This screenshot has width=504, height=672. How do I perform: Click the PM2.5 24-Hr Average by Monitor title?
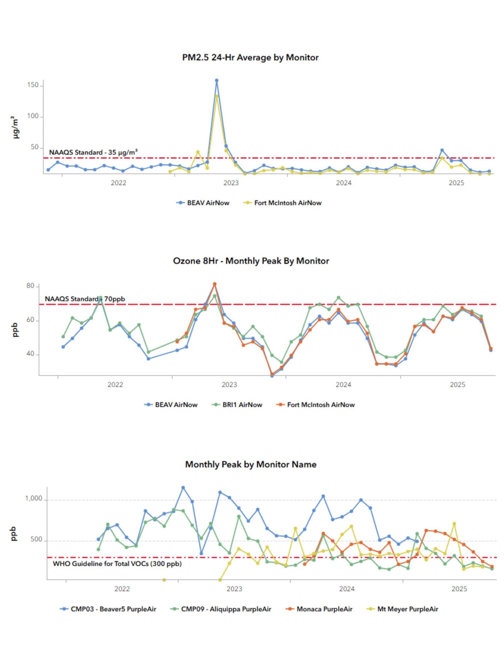250,57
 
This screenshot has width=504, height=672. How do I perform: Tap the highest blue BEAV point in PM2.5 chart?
216,81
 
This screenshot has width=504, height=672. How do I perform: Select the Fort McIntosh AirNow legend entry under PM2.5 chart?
287,203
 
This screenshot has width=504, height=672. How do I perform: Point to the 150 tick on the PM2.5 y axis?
33,85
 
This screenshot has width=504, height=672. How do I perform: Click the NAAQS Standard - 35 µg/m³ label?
93,153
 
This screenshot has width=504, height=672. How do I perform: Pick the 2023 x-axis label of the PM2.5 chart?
231,183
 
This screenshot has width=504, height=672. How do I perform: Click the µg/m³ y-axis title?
15,127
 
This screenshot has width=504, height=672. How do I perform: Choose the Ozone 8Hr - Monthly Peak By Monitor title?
251,261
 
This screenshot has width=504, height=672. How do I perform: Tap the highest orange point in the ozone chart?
215,284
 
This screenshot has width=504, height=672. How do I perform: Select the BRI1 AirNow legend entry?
242,405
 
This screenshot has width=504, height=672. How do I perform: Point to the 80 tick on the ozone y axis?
30,286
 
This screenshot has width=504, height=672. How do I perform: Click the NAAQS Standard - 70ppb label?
85,299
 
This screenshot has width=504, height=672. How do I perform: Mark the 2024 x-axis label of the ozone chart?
343,385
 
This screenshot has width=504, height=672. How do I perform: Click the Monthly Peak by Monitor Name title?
251,465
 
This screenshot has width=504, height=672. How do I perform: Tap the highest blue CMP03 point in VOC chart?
183,488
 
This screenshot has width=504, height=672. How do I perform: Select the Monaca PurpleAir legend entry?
324,609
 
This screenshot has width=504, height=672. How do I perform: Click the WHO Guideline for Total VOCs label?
117,563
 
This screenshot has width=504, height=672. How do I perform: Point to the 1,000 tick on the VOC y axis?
34,499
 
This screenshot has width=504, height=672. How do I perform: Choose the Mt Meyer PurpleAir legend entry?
407,609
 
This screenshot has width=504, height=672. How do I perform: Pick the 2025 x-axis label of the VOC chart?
459,589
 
